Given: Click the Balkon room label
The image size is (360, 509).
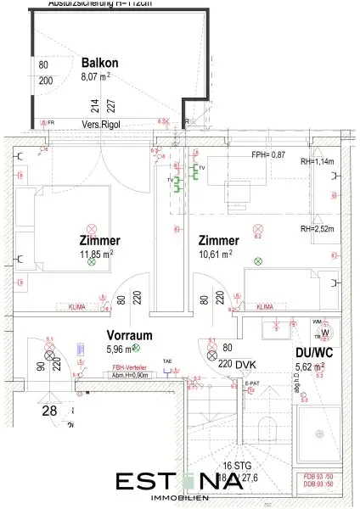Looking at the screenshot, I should click(100, 62).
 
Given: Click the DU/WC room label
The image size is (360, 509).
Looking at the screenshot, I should click(307, 353).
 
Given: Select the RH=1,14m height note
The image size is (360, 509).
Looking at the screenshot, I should click(318, 162).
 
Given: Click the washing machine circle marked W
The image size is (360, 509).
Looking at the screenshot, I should click(323, 333).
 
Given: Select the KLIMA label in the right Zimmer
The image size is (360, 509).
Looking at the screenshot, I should click(265, 306).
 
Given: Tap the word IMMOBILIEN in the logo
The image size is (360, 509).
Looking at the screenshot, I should click(179, 494).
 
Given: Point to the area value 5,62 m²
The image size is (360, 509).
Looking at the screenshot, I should click(307, 366).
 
